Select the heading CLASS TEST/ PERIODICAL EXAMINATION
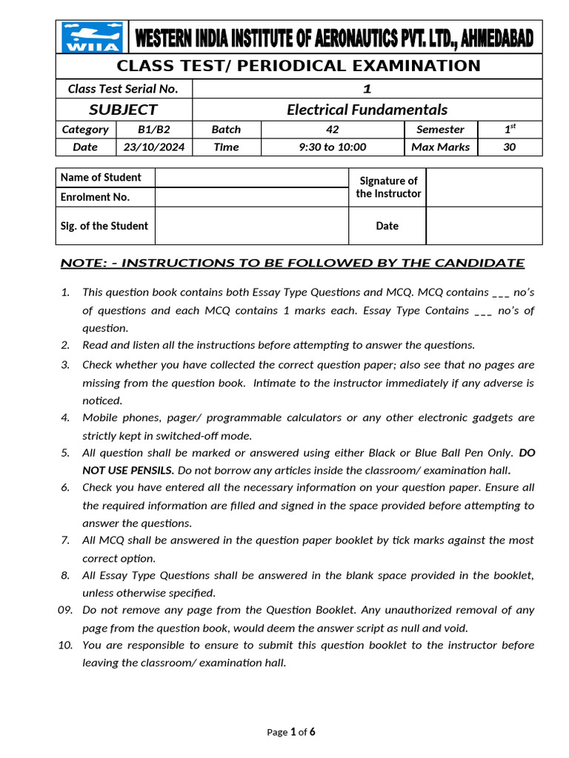point(299,66)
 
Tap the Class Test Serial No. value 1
point(367,89)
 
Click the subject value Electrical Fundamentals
point(367,110)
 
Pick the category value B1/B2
point(153,129)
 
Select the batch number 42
point(332,129)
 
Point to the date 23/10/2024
point(153,147)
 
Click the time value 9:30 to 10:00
point(332,147)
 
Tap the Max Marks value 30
point(510,147)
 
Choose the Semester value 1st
point(510,129)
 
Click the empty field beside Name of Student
point(251,178)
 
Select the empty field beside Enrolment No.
point(251,197)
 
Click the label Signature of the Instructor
point(387,187)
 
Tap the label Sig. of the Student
point(104,226)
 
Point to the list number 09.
point(64,610)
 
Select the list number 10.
point(64,645)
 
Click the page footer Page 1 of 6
point(291,732)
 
